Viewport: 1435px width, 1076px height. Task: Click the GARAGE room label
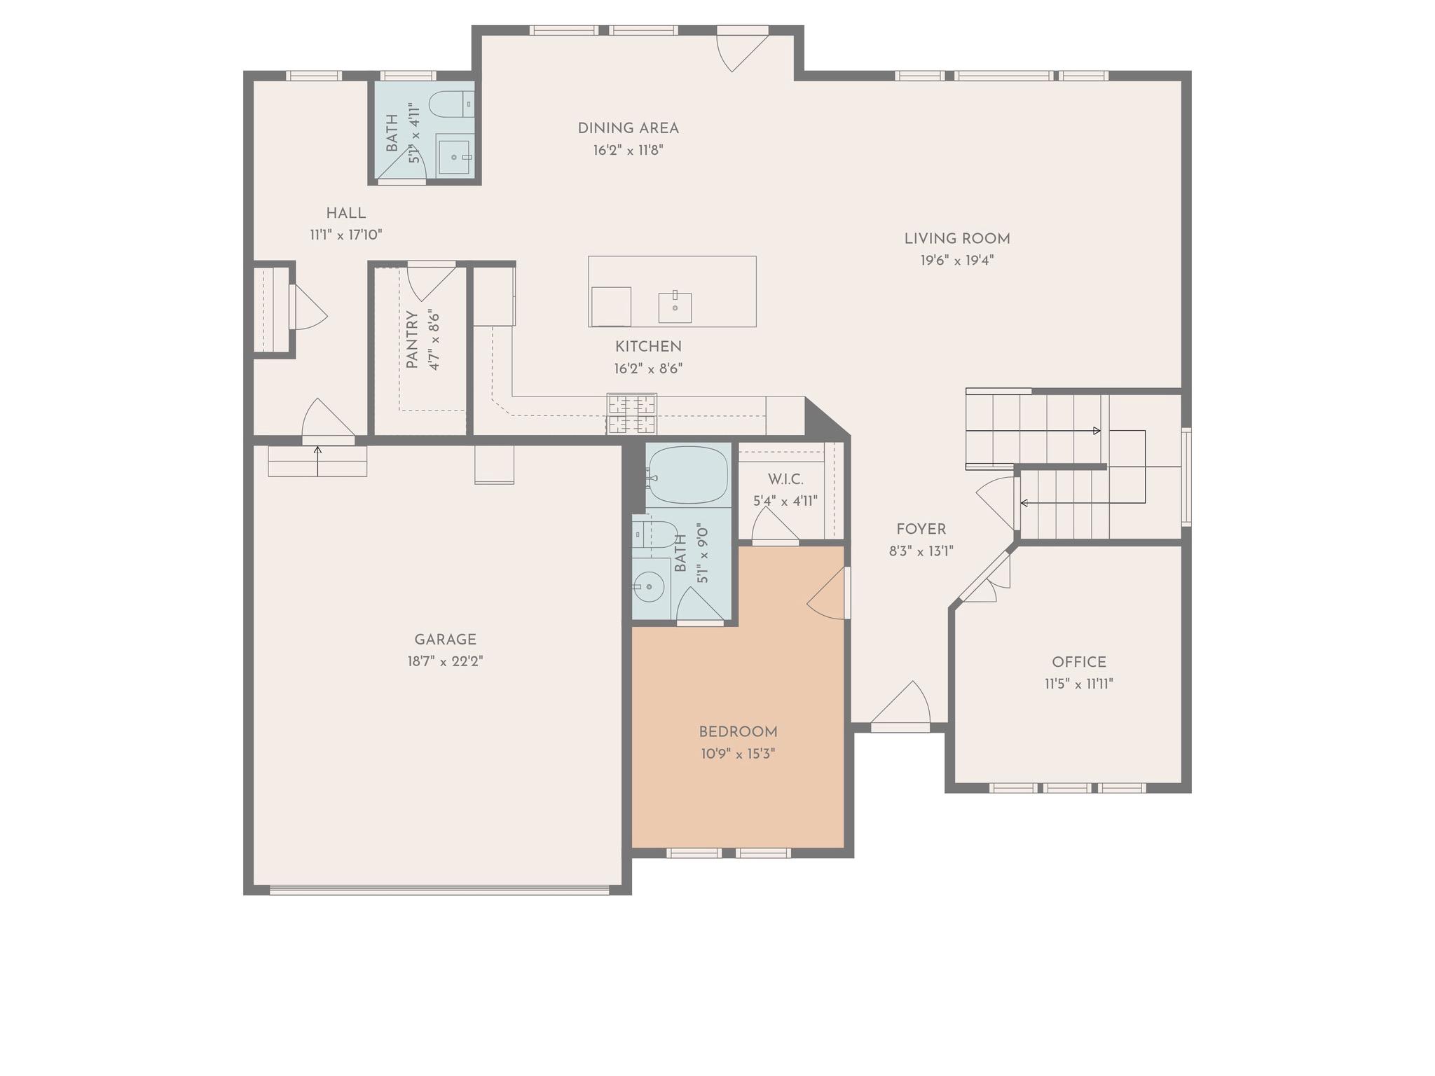pyautogui.click(x=445, y=639)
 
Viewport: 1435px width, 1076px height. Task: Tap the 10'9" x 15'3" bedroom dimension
pyautogui.click(x=737, y=754)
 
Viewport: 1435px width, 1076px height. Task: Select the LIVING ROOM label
pyautogui.click(x=957, y=238)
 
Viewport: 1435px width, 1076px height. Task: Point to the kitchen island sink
pyautogui.click(x=675, y=307)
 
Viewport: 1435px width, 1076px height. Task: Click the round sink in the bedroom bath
pyautogui.click(x=650, y=586)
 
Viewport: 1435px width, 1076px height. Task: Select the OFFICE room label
pyautogui.click(x=1079, y=662)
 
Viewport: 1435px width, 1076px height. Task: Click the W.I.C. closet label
pyautogui.click(x=785, y=479)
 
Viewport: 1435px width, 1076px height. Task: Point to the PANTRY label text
pyautogui.click(x=412, y=340)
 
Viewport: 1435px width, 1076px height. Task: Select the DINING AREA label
pyautogui.click(x=628, y=128)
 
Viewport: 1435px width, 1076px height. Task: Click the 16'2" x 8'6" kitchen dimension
pyautogui.click(x=648, y=368)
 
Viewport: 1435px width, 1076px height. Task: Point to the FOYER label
pyautogui.click(x=921, y=529)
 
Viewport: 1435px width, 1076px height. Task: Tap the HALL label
pyautogui.click(x=345, y=213)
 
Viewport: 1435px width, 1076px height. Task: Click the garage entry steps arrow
pyautogui.click(x=317, y=460)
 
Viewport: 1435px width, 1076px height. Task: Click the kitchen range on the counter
pyautogui.click(x=631, y=414)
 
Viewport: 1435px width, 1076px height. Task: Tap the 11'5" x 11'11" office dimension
pyautogui.click(x=1079, y=684)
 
